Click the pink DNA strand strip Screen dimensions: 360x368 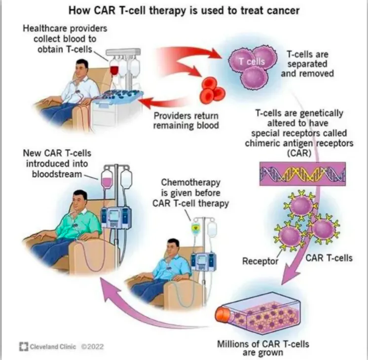pyautogui.click(x=302, y=173)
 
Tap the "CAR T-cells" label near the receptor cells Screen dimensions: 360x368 pyautogui.click(x=329, y=257)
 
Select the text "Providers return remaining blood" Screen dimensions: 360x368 pyautogui.click(x=185, y=120)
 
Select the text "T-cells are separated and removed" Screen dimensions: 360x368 pyautogui.click(x=310, y=64)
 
